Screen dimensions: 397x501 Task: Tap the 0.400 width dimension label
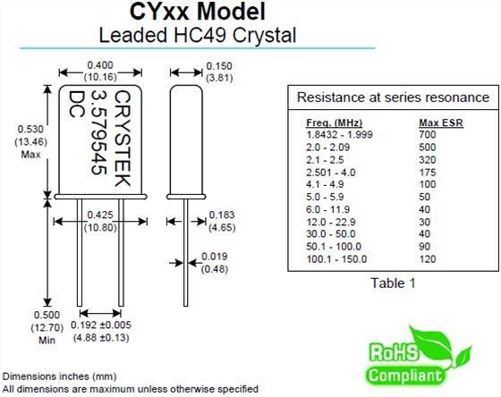tap(98, 64)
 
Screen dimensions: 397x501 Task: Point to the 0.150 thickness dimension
tap(219, 64)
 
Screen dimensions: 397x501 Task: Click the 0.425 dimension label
tap(100, 215)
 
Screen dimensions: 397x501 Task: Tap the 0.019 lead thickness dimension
tap(215, 258)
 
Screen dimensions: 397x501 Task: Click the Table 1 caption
tap(394, 283)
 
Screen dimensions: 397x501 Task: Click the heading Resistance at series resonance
tap(393, 97)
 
